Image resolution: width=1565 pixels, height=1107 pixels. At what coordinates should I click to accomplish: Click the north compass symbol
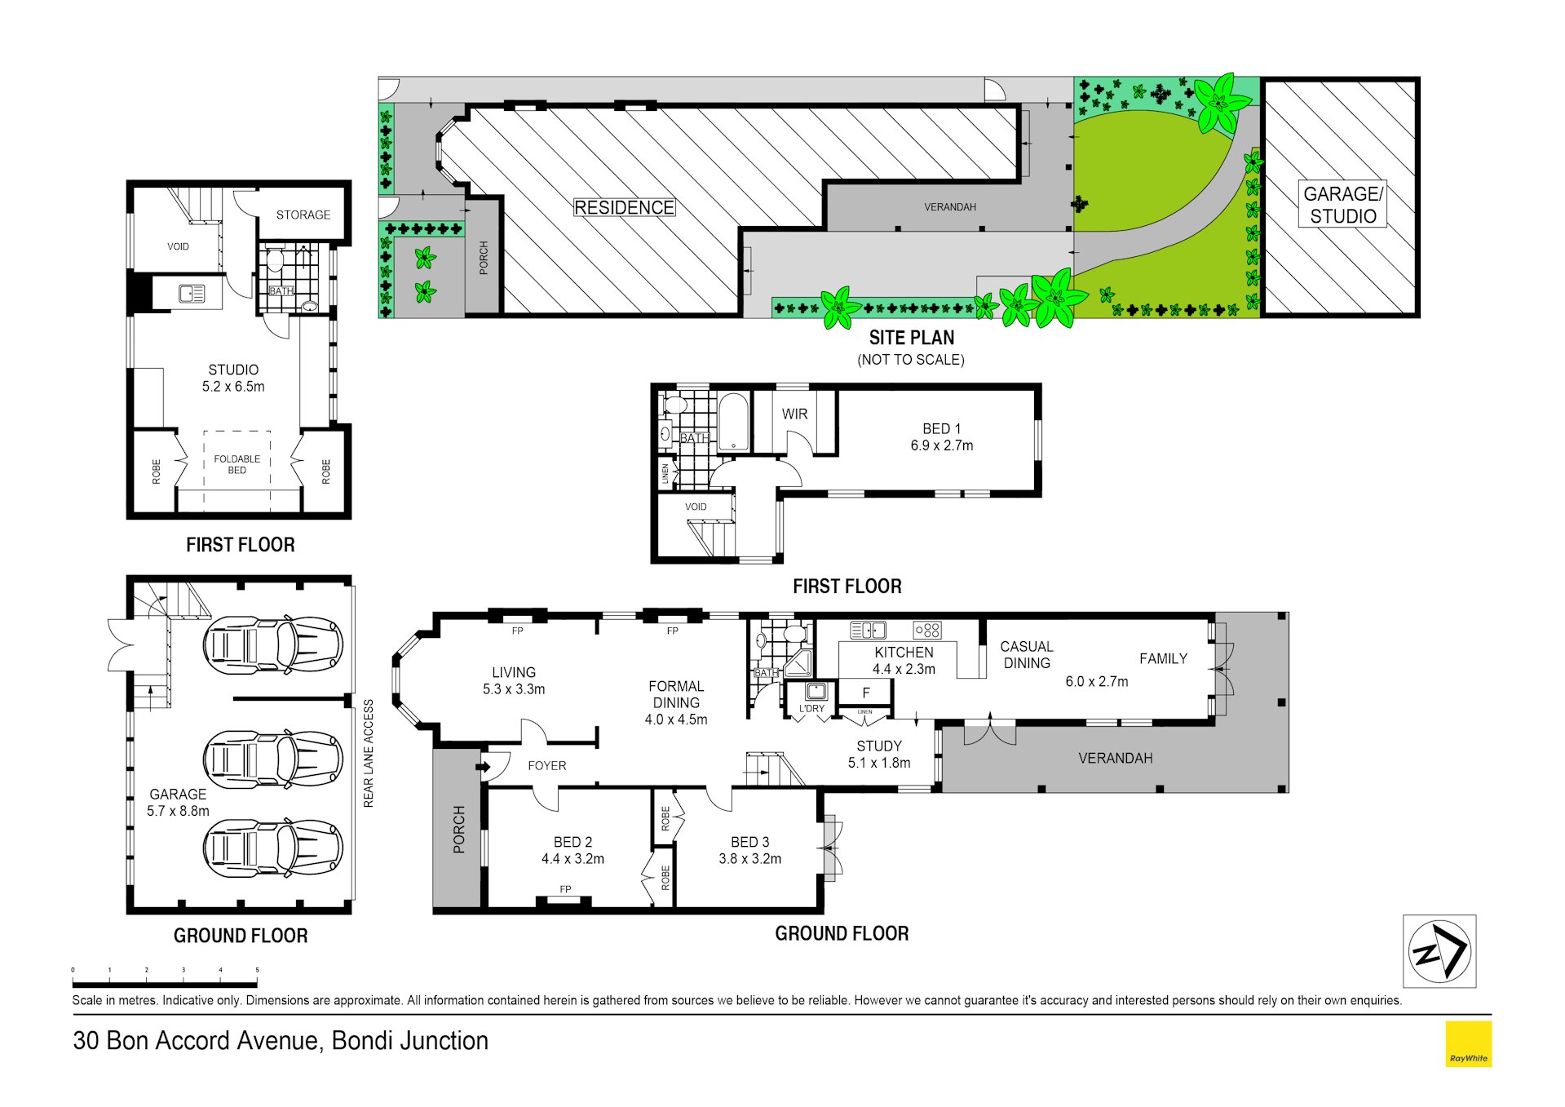point(1439,951)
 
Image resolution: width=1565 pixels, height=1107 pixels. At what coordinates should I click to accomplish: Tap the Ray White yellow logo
point(1468,1043)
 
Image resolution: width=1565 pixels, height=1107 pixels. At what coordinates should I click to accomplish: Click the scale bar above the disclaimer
point(165,984)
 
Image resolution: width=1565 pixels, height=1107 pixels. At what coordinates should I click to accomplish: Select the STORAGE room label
point(303,215)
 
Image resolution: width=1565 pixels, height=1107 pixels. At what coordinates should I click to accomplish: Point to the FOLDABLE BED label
point(237,464)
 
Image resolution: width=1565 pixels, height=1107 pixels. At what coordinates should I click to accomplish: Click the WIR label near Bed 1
point(794,414)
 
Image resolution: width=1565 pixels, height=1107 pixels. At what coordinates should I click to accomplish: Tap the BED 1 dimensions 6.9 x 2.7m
point(942,445)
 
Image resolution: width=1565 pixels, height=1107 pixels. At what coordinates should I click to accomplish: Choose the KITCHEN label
point(904,652)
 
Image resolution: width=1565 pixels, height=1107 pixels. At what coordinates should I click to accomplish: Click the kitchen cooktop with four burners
point(927,630)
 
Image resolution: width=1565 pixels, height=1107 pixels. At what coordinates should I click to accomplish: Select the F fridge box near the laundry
point(866,693)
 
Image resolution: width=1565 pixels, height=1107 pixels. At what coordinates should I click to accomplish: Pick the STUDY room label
point(879,746)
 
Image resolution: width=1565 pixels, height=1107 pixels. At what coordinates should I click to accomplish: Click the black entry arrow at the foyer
point(483,767)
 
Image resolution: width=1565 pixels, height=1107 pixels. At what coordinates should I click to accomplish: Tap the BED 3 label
point(749,842)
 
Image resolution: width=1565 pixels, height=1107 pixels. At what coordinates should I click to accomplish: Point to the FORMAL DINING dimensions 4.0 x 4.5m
point(676,720)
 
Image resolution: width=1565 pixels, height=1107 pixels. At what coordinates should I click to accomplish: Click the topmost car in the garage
point(272,644)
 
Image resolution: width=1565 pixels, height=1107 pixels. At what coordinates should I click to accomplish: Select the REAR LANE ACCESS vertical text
point(369,753)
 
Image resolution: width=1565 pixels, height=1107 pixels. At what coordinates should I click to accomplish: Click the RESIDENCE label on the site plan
point(625,207)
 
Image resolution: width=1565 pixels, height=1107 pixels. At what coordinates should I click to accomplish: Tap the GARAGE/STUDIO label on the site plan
point(1342,205)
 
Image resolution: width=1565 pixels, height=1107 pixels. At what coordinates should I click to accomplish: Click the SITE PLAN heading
point(911,337)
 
